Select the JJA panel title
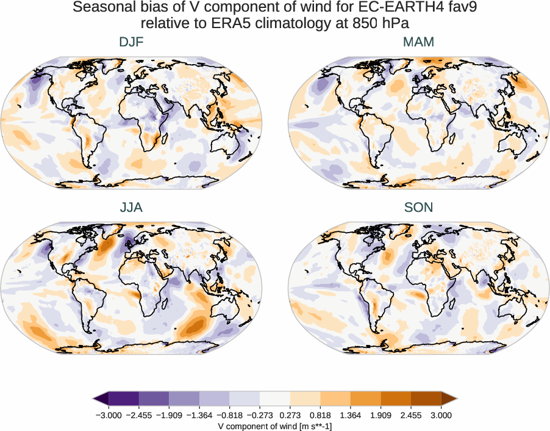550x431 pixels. pos(132,208)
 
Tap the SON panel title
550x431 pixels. pos(418,208)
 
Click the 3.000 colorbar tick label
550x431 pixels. pos(441,415)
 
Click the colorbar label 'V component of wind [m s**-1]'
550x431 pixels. pos(275,426)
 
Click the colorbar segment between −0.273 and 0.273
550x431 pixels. pos(275,399)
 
